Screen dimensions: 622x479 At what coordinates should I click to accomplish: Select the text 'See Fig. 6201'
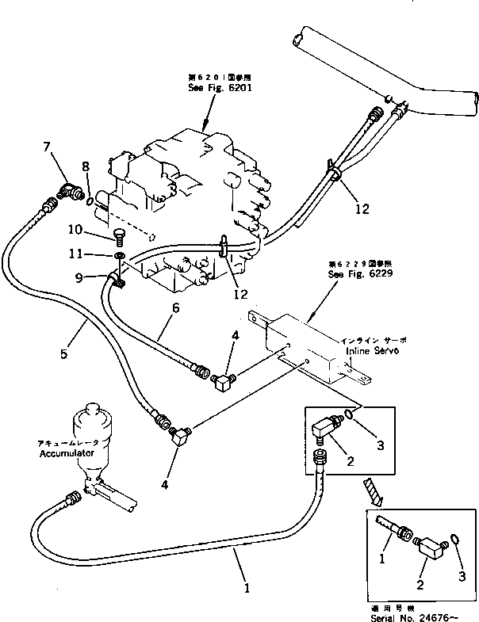point(208,89)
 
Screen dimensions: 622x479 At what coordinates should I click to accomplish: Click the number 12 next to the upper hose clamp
point(362,208)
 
